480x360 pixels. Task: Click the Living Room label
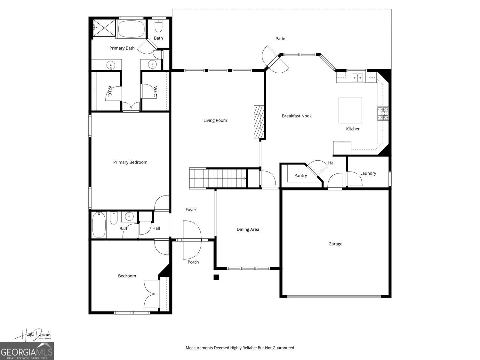click(215, 120)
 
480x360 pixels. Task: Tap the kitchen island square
click(350, 110)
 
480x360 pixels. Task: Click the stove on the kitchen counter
click(383, 114)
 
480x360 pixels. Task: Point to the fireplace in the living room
click(258, 122)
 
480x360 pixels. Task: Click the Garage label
click(335, 244)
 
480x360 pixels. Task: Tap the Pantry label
click(300, 175)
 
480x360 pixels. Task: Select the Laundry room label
click(368, 173)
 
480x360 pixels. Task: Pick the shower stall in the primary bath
click(104, 28)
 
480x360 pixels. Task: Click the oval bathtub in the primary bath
click(131, 29)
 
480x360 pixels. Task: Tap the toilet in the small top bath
click(158, 27)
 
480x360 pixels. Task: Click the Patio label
click(280, 39)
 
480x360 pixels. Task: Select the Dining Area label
click(248, 229)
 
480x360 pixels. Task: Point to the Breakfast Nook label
click(297, 116)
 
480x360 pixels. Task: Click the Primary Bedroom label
click(130, 162)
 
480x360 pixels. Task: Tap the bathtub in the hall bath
click(99, 225)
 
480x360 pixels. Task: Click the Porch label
click(193, 262)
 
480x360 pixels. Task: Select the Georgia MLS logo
click(27, 351)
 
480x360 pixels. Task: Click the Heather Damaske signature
click(33, 335)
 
